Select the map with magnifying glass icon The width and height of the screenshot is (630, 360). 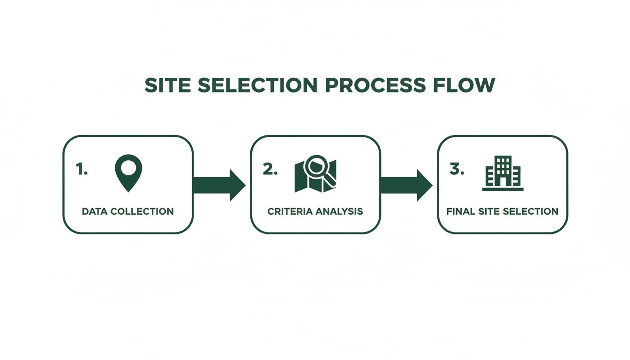coord(315,173)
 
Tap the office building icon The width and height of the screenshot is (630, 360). coord(503,173)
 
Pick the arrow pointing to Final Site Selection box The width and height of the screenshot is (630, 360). coord(406,185)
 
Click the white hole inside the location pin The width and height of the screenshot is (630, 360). coord(128,166)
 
